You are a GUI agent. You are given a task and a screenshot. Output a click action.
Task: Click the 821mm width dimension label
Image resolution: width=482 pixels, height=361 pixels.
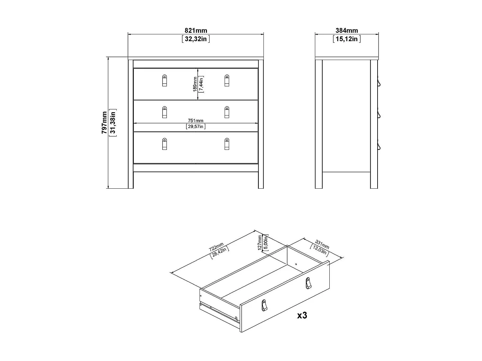[196, 31]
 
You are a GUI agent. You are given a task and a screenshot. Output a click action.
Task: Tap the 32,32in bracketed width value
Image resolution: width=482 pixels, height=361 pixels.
[196, 39]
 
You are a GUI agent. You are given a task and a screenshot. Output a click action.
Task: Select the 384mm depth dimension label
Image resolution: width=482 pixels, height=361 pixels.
[347, 31]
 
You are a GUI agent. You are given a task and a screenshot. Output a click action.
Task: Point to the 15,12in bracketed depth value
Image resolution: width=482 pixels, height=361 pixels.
[347, 39]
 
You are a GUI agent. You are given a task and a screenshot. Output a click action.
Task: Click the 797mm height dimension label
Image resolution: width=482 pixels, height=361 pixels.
[104, 122]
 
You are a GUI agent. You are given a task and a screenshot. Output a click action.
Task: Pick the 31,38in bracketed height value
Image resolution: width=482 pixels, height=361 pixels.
[113, 122]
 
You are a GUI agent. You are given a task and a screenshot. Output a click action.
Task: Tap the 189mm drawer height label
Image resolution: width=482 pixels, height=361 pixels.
[195, 84]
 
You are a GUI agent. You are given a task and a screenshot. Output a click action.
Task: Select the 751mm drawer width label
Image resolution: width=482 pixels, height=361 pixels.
[196, 121]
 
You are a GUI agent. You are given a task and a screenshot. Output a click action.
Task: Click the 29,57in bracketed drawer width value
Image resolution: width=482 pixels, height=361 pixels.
[196, 126]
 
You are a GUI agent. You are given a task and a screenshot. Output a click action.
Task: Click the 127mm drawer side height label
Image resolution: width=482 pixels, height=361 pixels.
[260, 243]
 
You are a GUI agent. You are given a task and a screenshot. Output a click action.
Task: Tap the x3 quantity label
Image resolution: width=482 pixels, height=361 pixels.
[302, 315]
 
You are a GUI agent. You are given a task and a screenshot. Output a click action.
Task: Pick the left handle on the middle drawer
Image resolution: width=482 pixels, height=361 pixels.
[165, 112]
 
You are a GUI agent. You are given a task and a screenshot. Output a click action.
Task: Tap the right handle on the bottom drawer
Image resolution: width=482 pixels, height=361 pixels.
[227, 144]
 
